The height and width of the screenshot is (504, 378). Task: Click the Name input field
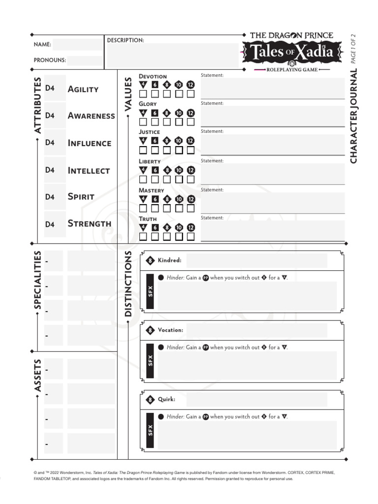[x=77, y=44]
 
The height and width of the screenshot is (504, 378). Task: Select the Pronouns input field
[x=84, y=61]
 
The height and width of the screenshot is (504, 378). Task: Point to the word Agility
[x=83, y=89]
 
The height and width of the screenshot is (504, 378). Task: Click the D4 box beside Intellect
[x=50, y=170]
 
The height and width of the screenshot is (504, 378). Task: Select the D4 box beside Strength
[x=50, y=224]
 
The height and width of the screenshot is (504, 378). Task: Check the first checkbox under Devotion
[x=143, y=94]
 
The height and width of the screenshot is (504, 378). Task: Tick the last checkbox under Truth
[x=190, y=237]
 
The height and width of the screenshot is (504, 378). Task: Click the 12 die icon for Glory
[x=190, y=113]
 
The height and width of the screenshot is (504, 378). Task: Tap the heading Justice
[x=149, y=132]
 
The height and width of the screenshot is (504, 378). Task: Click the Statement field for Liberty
[x=273, y=174]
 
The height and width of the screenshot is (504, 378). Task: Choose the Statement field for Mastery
[x=273, y=202]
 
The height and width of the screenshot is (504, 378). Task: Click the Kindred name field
[x=256, y=260]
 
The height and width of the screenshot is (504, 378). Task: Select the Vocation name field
[x=256, y=330]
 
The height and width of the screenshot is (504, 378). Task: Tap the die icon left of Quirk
[x=151, y=400]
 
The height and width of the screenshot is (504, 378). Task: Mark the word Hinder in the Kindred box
[x=175, y=278]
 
